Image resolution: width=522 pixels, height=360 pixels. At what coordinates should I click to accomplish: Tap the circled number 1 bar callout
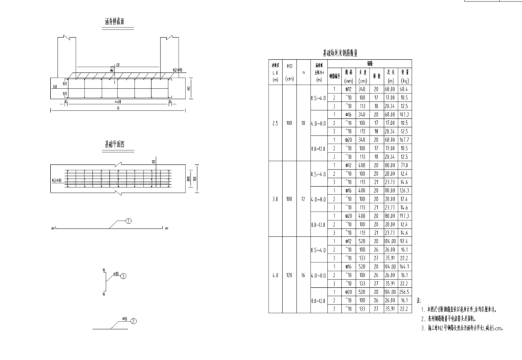pos(129,221)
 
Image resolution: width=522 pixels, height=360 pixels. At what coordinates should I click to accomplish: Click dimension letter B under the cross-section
pos(118,108)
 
